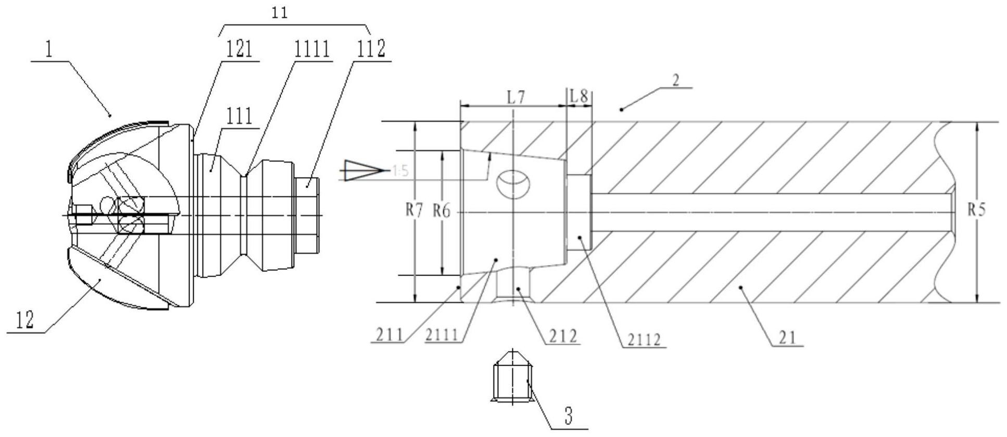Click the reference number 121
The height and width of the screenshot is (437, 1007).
point(240,49)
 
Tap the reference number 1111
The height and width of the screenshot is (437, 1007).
point(312,49)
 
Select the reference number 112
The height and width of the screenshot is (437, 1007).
point(371,49)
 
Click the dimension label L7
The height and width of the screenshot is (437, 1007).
point(515,97)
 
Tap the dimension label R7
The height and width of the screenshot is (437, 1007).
point(415,211)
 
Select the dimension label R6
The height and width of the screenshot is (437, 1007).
point(442,211)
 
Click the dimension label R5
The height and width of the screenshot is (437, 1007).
point(977,209)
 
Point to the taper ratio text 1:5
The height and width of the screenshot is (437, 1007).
point(400,171)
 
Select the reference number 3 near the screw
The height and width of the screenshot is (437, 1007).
point(568,417)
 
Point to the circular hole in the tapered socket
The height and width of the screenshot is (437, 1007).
point(513,183)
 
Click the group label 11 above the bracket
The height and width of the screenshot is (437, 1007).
point(280,13)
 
